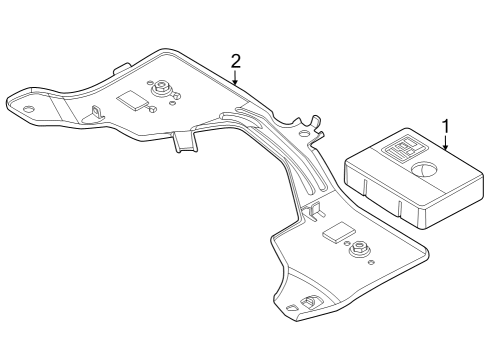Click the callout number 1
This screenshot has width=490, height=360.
(446, 127)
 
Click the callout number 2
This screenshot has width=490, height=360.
(236, 61)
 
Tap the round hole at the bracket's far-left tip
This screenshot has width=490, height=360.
(28, 109)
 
